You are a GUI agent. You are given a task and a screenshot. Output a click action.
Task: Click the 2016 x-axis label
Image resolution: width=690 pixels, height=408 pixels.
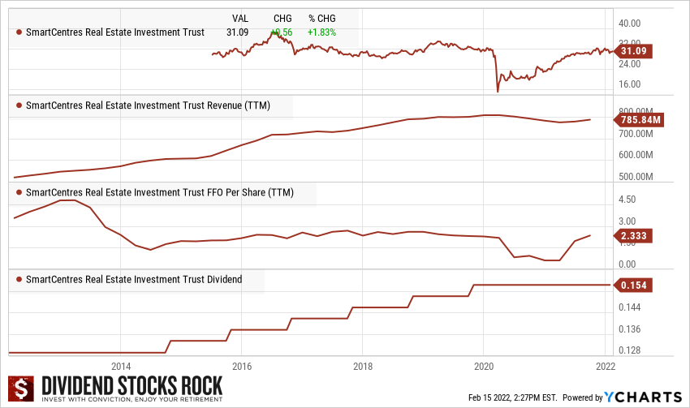pos(242,365)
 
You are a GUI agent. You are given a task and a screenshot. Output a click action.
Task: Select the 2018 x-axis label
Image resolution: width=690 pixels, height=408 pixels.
pos(363,365)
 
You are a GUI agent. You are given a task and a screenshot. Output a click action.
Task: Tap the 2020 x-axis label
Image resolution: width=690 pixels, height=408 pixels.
pos(484,365)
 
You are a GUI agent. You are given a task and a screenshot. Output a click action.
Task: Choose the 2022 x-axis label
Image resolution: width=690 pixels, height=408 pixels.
pos(606,365)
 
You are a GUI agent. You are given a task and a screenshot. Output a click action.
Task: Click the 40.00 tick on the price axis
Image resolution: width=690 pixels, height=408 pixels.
pos(631,24)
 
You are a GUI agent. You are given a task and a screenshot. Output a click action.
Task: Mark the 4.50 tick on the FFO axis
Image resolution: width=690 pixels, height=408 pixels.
pos(627,200)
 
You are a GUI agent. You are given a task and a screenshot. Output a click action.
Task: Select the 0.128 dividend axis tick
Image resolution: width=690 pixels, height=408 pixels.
pos(630,351)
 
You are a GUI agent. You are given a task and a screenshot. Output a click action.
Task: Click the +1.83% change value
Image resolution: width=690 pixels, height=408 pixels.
pos(321,32)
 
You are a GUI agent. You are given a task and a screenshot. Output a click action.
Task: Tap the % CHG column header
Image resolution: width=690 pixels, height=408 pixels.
pos(323,18)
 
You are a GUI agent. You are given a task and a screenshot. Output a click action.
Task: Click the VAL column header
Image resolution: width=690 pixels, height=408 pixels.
pos(240,18)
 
